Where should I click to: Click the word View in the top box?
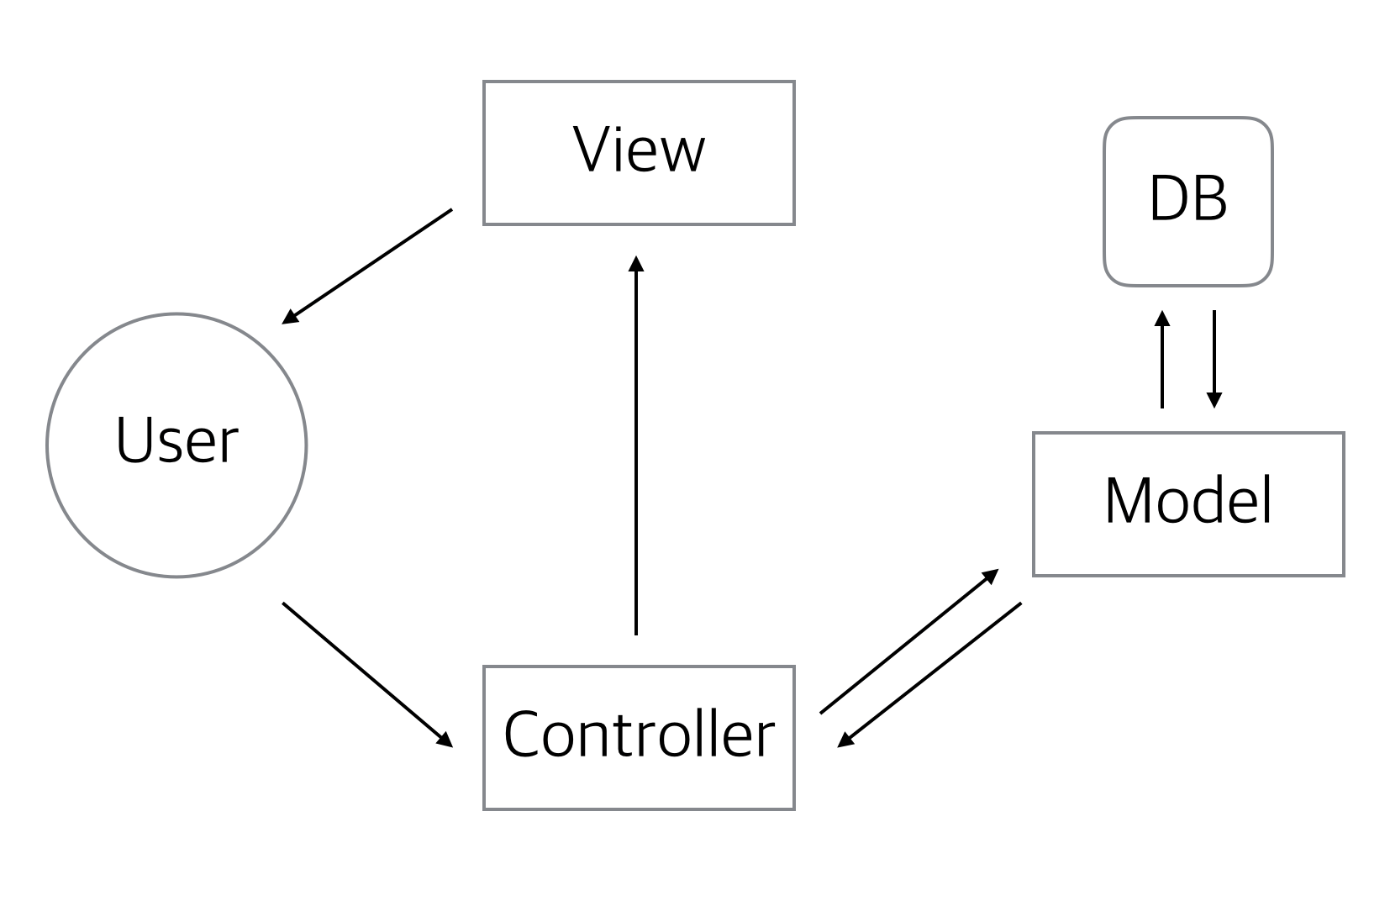pos(639,150)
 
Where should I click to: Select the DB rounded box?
pos(1187,202)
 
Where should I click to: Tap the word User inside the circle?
pos(176,440)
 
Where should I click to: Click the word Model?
pos(1187,502)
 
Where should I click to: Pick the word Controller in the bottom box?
pos(639,734)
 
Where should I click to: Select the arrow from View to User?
pos(367,266)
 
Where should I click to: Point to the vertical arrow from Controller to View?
pos(636,445)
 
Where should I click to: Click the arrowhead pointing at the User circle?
pos(289,318)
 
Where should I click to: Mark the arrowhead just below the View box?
pos(636,263)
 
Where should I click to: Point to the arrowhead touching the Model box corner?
pos(991,576)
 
